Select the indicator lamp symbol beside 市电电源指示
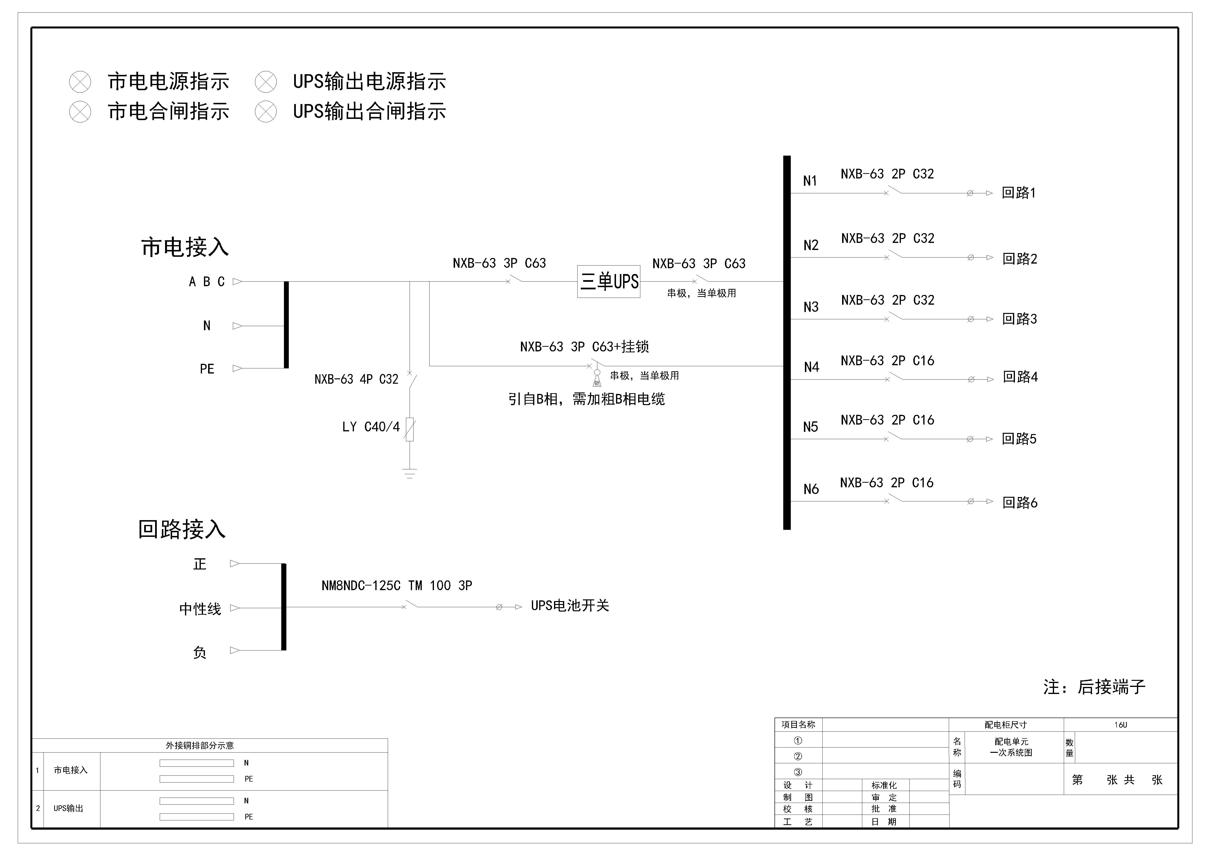click(x=80, y=82)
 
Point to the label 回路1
click(x=1019, y=193)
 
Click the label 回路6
click(x=1020, y=503)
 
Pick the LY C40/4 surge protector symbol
click(x=410, y=429)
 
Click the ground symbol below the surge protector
click(x=410, y=473)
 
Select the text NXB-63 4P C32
click(x=356, y=379)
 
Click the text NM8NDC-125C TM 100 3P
click(x=396, y=586)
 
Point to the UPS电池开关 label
click(x=570, y=606)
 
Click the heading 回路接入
click(x=182, y=529)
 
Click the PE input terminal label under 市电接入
click(x=207, y=369)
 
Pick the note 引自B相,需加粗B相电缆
click(x=586, y=399)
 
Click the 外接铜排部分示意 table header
click(x=200, y=745)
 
